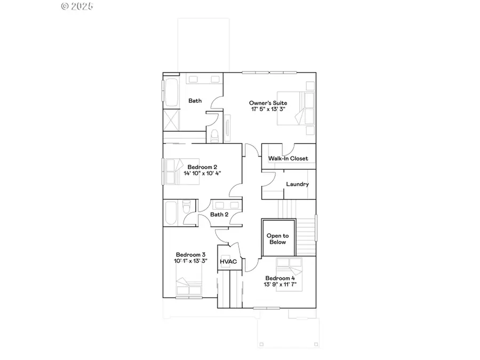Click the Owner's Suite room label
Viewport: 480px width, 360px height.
click(x=268, y=102)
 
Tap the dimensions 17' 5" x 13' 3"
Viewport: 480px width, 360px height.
click(x=268, y=109)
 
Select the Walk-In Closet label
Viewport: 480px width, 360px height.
click(x=288, y=158)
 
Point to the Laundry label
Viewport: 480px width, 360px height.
click(x=297, y=185)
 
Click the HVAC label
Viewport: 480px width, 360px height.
click(x=228, y=262)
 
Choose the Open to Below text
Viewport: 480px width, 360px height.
click(x=277, y=239)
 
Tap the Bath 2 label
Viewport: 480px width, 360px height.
click(x=219, y=214)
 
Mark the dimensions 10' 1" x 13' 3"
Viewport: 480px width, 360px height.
click(x=190, y=261)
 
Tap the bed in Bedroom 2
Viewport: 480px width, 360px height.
click(x=181, y=171)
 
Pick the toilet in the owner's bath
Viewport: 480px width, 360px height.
click(x=215, y=135)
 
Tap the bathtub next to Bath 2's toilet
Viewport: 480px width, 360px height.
click(x=172, y=212)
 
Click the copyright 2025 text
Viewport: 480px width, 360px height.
click(x=77, y=6)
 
